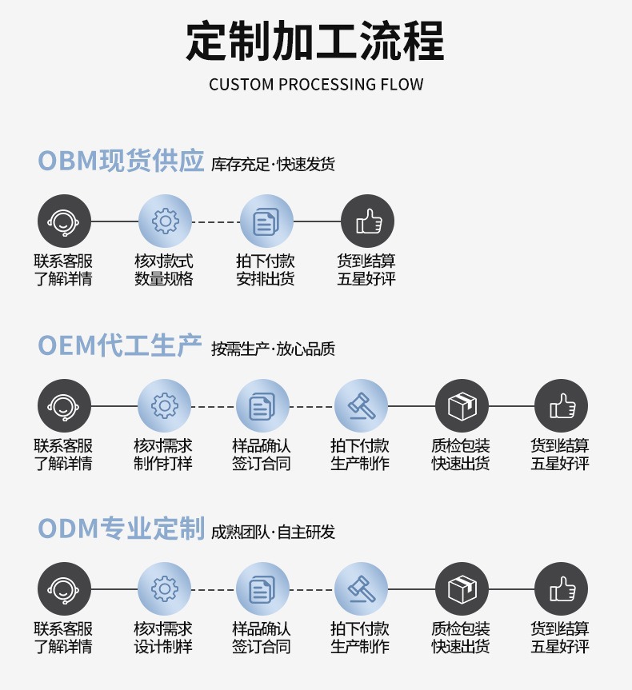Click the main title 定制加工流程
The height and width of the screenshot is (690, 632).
pos(315,41)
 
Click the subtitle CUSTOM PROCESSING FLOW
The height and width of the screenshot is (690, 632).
pos(316,85)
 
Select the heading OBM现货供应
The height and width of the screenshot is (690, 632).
pos(121,162)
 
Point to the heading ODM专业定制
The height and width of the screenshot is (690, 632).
pos(121,529)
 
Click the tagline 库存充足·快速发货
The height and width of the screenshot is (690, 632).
pos(273,165)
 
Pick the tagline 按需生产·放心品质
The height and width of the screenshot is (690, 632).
pos(273,349)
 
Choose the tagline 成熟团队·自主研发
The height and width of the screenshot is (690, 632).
pos(273,532)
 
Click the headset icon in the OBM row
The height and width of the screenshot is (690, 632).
pos(64,221)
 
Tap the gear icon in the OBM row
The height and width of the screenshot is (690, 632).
pos(165,221)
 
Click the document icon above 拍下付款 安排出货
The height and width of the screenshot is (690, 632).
pos(266,221)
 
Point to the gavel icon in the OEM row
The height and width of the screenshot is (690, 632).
pos(361,406)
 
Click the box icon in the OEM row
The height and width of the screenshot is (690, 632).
pos(462,406)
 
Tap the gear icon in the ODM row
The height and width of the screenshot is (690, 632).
pos(165,590)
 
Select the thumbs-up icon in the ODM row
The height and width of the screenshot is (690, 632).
pos(561,590)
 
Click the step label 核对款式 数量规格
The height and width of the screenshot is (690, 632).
pos(164,270)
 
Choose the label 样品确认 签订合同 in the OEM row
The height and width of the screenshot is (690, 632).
pos(262,454)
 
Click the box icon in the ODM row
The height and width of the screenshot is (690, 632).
pos(462,590)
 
